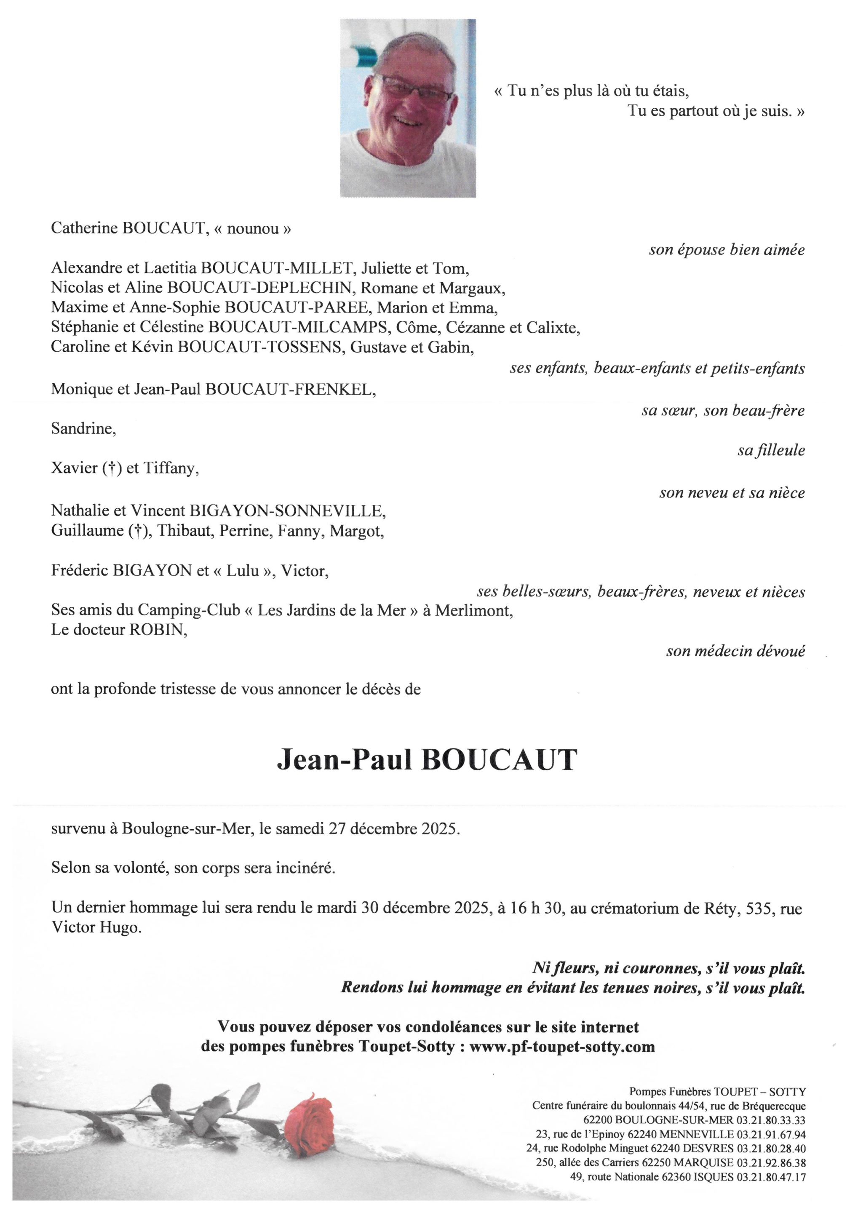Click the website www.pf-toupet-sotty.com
[562, 1047]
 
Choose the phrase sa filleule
[771, 450]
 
